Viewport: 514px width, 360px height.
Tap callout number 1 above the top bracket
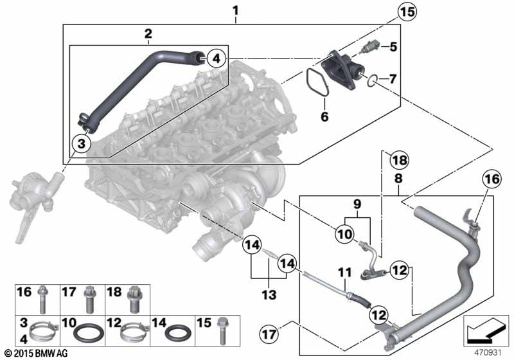coord(235,11)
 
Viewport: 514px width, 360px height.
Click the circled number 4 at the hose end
coord(217,59)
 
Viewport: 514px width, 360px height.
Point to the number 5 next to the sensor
coord(393,46)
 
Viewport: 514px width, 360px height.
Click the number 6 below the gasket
coord(324,117)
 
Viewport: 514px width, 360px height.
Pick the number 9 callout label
coord(359,204)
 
